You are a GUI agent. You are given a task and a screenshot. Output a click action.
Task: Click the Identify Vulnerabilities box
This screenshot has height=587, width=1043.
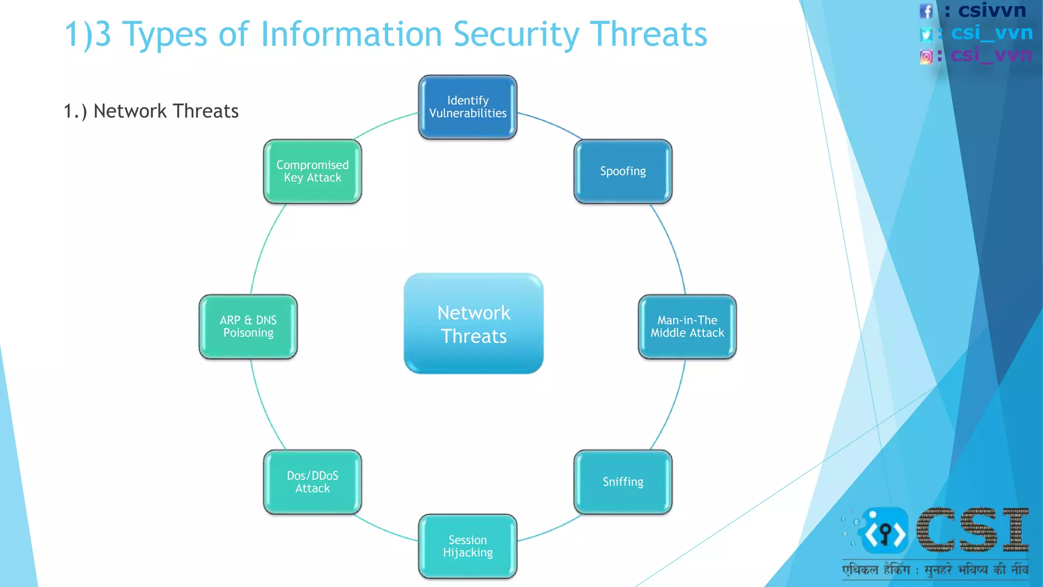(468, 107)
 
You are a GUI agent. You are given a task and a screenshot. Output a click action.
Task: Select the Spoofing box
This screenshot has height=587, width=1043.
(623, 171)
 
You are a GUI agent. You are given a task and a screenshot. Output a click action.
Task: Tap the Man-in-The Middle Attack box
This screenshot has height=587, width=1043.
(687, 327)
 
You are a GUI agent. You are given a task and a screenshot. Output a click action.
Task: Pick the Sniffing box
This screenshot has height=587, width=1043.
(623, 482)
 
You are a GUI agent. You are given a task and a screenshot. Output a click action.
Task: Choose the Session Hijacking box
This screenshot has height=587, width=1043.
(468, 546)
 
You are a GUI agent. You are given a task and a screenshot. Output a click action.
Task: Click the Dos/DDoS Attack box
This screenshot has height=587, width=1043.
(312, 482)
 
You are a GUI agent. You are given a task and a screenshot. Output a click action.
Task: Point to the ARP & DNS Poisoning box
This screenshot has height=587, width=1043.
(248, 327)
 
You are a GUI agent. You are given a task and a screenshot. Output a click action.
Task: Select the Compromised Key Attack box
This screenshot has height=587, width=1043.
(312, 171)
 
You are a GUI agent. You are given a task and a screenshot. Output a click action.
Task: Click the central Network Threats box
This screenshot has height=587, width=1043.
(474, 324)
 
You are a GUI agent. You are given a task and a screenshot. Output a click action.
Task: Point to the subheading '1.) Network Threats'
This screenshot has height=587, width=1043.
(151, 111)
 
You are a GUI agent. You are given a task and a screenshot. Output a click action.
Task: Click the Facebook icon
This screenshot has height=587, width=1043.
(926, 11)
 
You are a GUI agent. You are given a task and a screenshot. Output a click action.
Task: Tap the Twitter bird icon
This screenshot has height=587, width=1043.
(926, 34)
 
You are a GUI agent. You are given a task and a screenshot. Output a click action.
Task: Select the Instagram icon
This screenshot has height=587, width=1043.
(926, 57)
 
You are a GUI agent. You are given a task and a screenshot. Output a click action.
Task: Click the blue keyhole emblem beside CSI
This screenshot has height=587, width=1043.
(885, 531)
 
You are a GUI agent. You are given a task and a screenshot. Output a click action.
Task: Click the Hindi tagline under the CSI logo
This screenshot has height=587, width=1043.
(935, 570)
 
